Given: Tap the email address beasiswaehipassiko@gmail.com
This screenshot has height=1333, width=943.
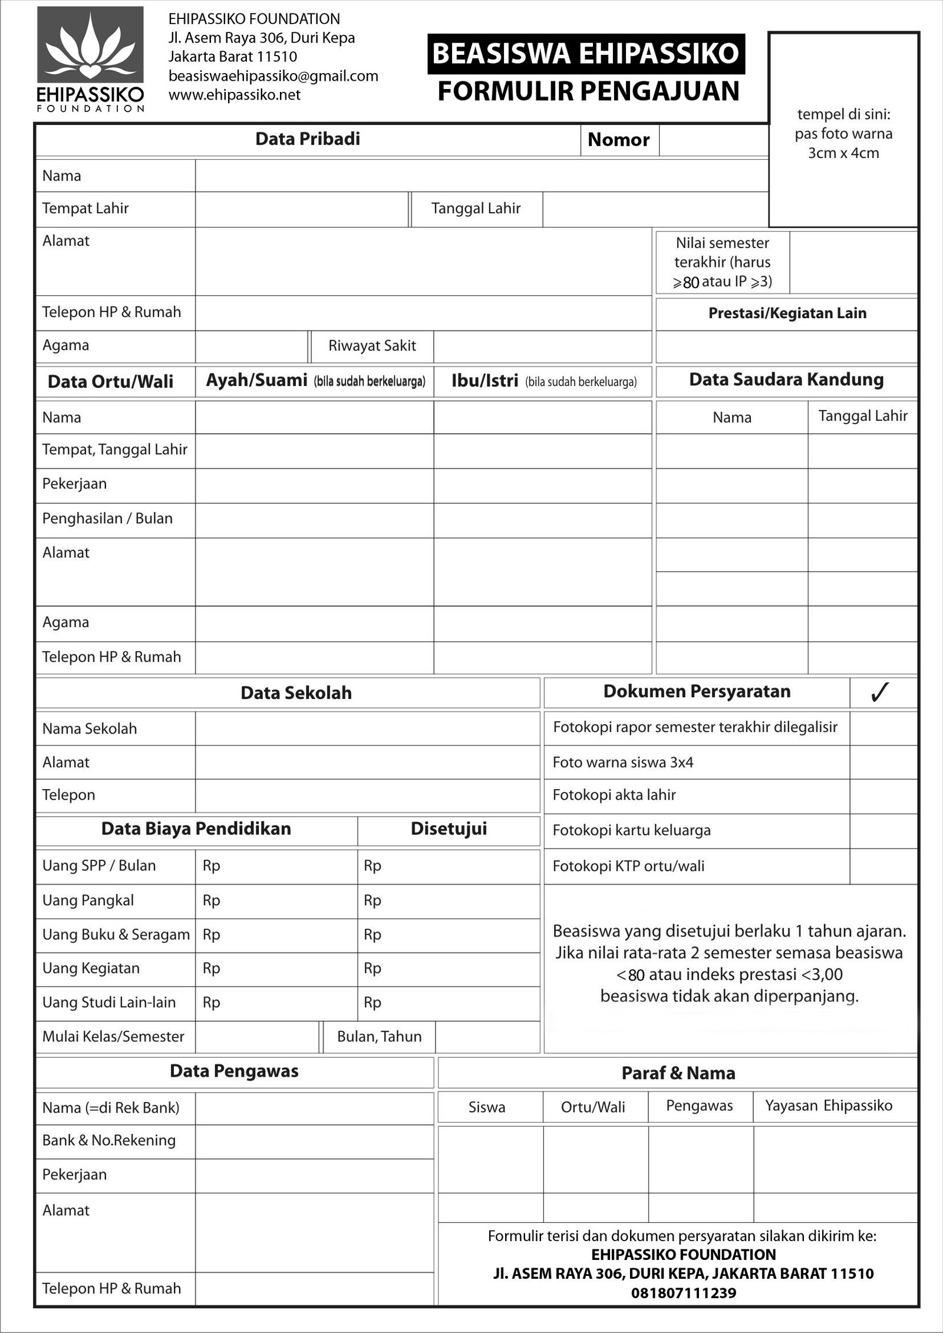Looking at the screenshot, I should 273,76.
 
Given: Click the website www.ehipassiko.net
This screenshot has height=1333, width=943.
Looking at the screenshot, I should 234,95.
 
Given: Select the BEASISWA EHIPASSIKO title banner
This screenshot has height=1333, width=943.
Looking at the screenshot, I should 586,54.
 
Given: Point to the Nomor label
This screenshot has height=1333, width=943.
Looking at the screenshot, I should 618,140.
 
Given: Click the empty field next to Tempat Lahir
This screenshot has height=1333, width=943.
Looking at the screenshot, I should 301,209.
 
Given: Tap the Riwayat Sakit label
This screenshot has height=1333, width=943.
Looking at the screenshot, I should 372,346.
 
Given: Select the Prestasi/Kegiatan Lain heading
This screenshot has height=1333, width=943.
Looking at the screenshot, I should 787,313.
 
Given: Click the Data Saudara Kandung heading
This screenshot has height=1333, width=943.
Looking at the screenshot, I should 786,380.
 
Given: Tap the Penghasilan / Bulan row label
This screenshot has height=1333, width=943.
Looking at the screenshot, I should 107,519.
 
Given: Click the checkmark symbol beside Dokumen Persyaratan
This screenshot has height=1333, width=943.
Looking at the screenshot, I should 879,692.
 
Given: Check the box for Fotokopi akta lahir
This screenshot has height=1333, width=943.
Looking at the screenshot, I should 883,796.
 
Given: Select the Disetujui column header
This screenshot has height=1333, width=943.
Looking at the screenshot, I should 449,829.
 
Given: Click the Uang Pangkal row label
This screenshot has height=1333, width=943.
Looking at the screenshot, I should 88,900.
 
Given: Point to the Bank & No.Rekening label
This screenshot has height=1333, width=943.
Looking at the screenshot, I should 108,1140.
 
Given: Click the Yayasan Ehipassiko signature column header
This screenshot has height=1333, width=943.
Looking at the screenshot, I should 829,1106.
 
